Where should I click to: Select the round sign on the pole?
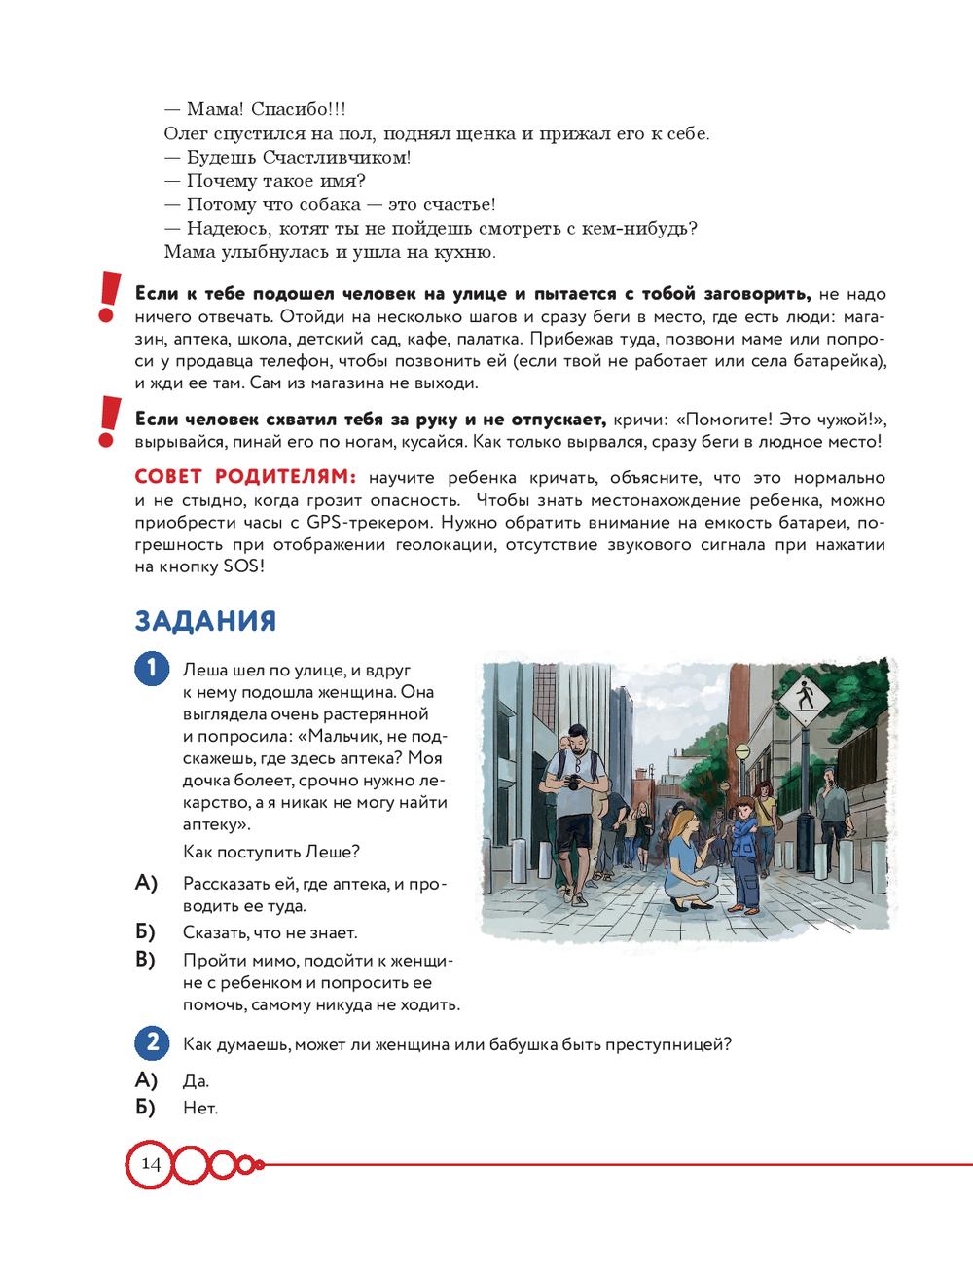[742, 752]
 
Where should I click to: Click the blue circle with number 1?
[152, 669]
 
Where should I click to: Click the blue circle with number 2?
[152, 1043]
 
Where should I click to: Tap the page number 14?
[151, 1163]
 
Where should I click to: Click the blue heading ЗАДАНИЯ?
[205, 621]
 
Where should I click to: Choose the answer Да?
[196, 1080]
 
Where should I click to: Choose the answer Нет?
[200, 1108]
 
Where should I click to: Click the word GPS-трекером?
[369, 523]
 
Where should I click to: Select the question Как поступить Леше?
[271, 852]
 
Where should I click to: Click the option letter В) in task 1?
[146, 960]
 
